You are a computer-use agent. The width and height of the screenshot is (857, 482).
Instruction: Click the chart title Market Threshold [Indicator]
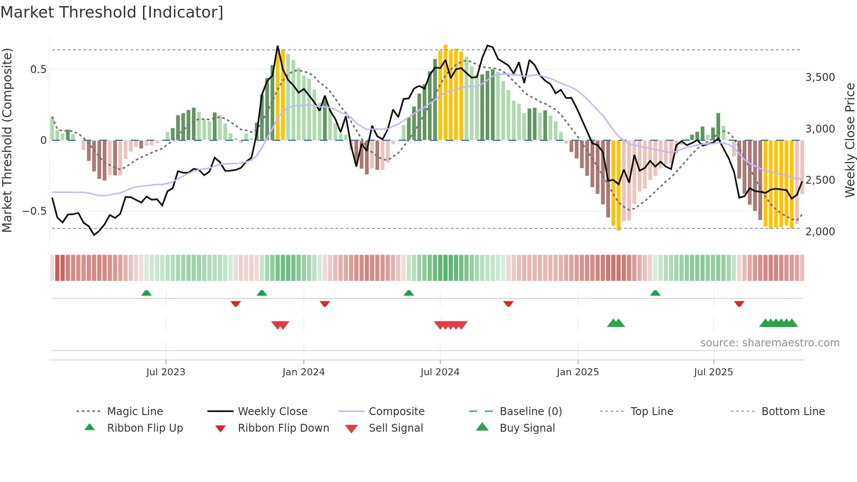click(112, 12)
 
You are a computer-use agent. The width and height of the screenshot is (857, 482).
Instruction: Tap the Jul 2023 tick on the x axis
click(166, 372)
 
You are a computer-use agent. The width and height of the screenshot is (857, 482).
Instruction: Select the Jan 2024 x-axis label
click(303, 372)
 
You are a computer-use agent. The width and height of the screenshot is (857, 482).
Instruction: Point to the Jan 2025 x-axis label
click(578, 372)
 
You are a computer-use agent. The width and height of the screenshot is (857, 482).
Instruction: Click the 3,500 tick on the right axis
click(820, 77)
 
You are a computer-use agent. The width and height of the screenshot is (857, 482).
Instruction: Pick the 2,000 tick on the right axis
click(820, 231)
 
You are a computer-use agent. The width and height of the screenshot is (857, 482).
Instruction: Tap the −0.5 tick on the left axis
click(34, 211)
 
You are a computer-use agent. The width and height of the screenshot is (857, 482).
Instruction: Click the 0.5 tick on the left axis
click(38, 70)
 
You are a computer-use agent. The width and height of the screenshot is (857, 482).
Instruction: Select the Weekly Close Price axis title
click(850, 140)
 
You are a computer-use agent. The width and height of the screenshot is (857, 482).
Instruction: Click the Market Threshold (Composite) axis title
click(7, 140)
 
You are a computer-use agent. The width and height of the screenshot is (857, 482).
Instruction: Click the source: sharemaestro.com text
click(770, 343)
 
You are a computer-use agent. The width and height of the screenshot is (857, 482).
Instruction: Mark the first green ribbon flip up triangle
click(146, 293)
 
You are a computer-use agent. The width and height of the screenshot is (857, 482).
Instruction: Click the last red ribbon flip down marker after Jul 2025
click(739, 304)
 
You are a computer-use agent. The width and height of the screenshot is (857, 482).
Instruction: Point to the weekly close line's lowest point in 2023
click(94, 235)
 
